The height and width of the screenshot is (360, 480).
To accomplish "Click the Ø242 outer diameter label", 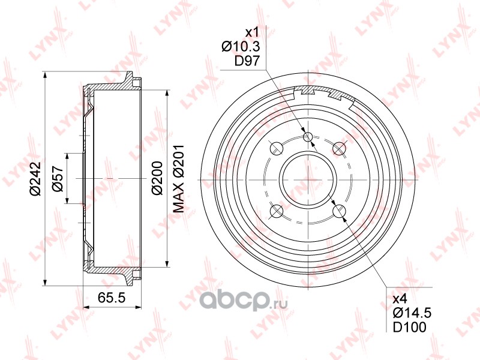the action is click(x=35, y=178).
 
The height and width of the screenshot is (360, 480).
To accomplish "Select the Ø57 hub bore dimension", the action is click(x=58, y=179).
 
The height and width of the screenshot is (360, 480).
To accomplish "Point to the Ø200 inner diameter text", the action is click(x=157, y=178).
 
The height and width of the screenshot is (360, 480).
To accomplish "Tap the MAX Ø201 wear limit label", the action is click(x=179, y=179).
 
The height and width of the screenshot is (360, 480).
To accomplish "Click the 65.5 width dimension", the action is click(x=112, y=298).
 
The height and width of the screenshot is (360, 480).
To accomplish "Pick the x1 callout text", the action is click(x=253, y=32).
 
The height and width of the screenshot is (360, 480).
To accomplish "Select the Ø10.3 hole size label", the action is click(x=241, y=47).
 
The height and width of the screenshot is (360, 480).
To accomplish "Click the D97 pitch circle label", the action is click(x=247, y=61).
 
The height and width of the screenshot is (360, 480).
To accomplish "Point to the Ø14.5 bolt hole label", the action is click(x=412, y=313).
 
